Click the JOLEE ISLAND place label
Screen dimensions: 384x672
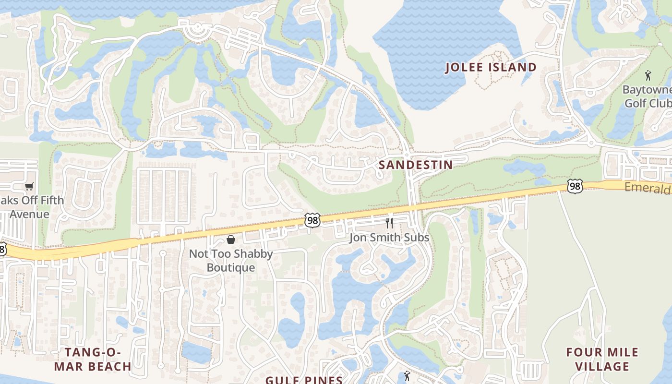(491, 67)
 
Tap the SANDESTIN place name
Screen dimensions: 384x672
(416, 165)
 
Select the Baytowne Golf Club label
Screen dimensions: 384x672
(648, 96)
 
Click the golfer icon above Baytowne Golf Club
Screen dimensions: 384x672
(648, 75)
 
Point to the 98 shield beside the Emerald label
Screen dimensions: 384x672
(575, 186)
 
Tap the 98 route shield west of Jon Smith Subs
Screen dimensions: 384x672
(312, 220)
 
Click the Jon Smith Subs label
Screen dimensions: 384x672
(389, 238)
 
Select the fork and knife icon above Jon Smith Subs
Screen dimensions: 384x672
(389, 223)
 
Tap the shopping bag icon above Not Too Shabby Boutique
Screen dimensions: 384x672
(231, 239)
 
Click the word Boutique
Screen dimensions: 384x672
(231, 267)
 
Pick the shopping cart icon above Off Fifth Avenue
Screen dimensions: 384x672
(29, 186)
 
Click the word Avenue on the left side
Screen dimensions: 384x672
(29, 214)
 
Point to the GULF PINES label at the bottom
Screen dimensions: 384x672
(304, 380)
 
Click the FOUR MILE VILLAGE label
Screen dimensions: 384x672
(602, 360)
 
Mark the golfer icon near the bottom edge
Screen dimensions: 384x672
(408, 375)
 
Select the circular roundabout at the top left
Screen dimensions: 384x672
(197, 31)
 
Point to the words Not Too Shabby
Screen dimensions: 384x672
(231, 253)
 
